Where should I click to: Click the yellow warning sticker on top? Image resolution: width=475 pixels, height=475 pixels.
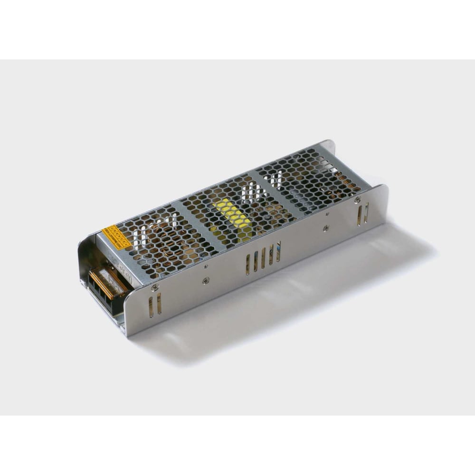(116, 237)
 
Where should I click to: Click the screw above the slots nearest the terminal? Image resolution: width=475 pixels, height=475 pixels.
(154, 287)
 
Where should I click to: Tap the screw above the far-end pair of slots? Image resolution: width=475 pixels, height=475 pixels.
(357, 200)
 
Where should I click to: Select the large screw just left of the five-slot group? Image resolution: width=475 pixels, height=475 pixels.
(205, 281)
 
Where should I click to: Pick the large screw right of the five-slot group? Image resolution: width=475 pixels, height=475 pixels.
(325, 228)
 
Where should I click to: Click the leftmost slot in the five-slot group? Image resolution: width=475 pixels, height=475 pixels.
(247, 265)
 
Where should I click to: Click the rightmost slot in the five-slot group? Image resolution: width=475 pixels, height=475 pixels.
(279, 251)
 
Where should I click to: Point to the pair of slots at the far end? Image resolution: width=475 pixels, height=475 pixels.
(363, 214)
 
